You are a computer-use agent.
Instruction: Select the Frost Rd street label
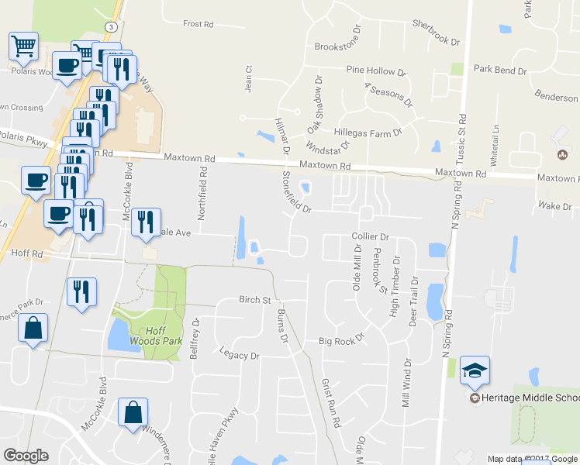[x=198, y=24]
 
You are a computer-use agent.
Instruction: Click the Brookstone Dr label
[x=338, y=46]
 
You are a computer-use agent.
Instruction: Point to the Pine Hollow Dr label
[x=376, y=71]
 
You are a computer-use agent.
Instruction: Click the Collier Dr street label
[x=369, y=236]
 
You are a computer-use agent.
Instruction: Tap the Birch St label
[x=254, y=300]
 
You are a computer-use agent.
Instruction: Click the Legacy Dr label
[x=239, y=356]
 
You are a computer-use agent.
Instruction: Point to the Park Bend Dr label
[x=500, y=71]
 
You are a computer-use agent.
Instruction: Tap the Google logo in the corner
[x=26, y=456]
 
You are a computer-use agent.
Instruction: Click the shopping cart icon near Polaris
[x=23, y=46]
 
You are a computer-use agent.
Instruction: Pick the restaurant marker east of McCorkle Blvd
[x=146, y=222]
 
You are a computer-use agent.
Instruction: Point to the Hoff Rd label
[x=27, y=253]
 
